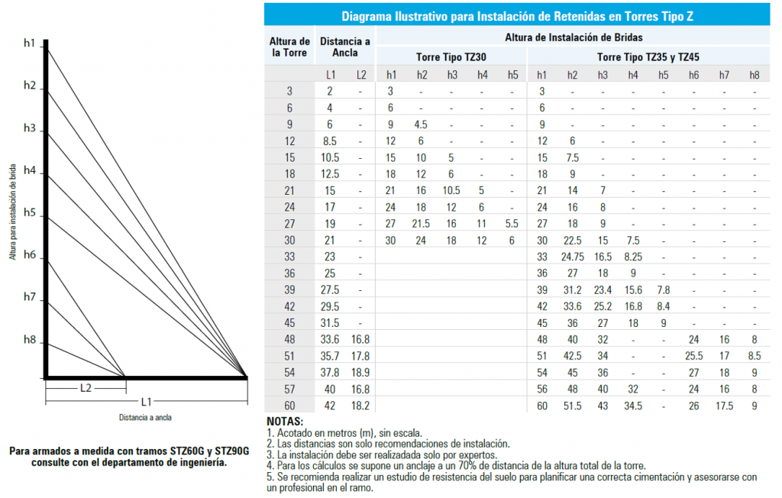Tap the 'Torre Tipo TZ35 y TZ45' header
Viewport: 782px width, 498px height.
(x=648, y=57)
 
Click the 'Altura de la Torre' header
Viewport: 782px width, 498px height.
(x=289, y=47)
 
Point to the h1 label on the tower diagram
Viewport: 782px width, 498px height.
(x=29, y=44)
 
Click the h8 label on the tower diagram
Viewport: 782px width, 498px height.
(x=29, y=339)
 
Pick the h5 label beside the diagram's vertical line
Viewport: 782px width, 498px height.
(x=29, y=212)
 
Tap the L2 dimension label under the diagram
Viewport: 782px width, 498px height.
(x=86, y=388)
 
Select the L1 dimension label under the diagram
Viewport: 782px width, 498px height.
(x=147, y=401)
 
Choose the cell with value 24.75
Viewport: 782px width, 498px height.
(x=572, y=256)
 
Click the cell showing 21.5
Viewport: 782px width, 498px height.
(x=422, y=223)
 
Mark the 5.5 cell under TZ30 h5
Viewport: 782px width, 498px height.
(x=512, y=223)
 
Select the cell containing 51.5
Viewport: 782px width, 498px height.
(x=572, y=406)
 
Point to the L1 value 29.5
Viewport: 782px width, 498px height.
(x=330, y=306)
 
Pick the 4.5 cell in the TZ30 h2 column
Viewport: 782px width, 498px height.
(x=422, y=124)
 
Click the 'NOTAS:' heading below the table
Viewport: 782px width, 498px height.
(x=285, y=422)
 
